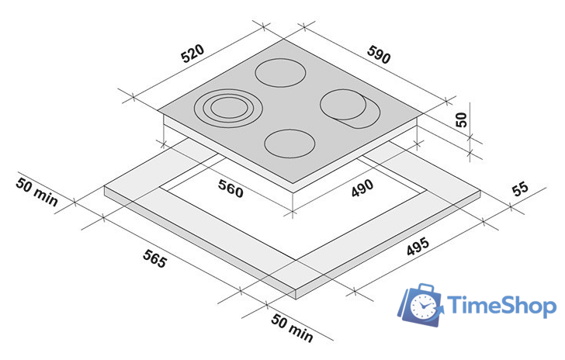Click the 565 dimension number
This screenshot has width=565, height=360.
pos(154,258)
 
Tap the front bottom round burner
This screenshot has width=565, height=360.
pos(290,143)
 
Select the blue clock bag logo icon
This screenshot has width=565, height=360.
pos(421,304)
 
